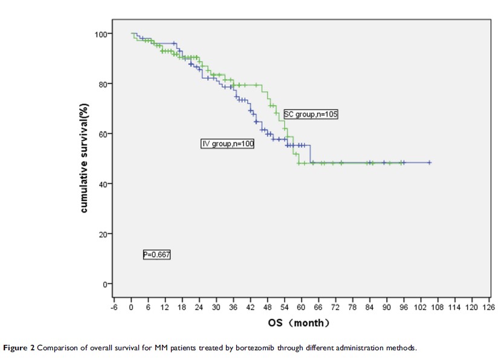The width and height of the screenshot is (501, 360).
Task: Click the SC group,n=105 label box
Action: point(311,114)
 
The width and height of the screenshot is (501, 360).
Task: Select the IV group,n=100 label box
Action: point(228,144)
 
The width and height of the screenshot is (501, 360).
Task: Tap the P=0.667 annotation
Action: point(157,255)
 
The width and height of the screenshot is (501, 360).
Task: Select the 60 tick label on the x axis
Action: point(301,307)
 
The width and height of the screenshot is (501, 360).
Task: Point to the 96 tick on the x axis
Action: point(403,307)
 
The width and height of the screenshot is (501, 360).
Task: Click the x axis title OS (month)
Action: point(300,323)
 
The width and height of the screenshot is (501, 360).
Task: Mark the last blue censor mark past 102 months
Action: point(429,162)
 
